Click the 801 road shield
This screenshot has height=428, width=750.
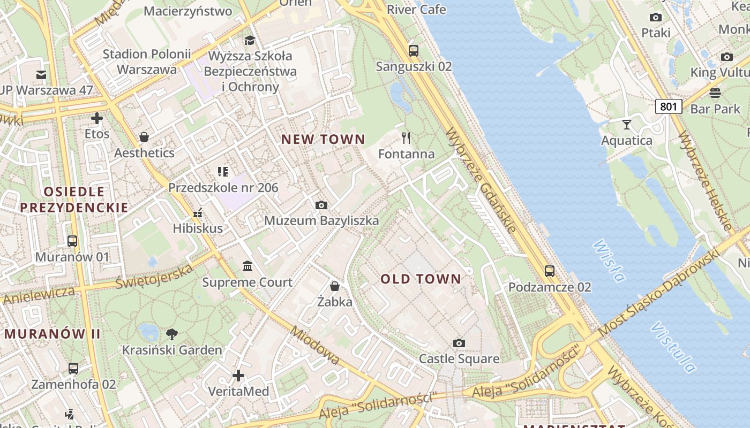click(x=668, y=106)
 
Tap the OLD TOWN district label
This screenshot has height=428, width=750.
click(x=421, y=279)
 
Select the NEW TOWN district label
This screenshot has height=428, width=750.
click(x=323, y=140)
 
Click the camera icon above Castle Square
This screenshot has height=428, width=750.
click(x=459, y=343)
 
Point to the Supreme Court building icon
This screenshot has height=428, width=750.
click(x=247, y=266)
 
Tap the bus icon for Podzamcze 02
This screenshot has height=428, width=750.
click(x=550, y=271)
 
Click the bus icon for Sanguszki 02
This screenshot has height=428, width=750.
click(x=413, y=51)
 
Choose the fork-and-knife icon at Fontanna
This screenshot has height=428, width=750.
click(x=406, y=139)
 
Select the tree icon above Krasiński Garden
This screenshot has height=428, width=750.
click(x=172, y=334)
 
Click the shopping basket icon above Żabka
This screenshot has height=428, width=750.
click(x=335, y=286)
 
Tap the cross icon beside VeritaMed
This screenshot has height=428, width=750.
click(x=238, y=376)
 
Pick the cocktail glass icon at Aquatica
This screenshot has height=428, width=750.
click(x=626, y=125)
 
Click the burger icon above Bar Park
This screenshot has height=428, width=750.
click(x=715, y=93)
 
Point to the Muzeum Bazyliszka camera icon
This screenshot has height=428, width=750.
click(x=321, y=205)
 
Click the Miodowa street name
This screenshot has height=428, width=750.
click(x=315, y=345)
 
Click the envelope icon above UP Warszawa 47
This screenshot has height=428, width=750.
click(x=41, y=74)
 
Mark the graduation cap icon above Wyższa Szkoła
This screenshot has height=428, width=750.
click(x=250, y=40)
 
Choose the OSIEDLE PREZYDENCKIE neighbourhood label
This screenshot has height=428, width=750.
click(x=74, y=200)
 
